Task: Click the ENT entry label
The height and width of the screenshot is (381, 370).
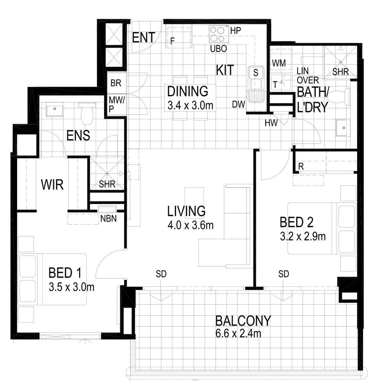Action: tap(143, 37)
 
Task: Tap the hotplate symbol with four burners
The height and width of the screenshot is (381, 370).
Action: tap(218, 34)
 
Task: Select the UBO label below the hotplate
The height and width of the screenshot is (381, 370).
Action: tap(218, 49)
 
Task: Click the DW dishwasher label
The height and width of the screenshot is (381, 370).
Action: tap(238, 104)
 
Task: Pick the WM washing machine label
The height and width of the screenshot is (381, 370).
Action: tap(279, 63)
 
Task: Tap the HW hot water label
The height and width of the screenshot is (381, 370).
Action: tap(272, 123)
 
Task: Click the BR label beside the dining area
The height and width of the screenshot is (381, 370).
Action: tap(116, 84)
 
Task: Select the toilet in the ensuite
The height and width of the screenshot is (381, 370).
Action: tap(86, 113)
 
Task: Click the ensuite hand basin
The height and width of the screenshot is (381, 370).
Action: tap(55, 108)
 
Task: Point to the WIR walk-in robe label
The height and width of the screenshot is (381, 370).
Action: tap(52, 185)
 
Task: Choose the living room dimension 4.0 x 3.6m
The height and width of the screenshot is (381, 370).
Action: tap(191, 225)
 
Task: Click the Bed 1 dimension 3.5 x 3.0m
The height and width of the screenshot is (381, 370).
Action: tap(72, 287)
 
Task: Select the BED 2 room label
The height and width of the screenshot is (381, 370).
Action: tap(296, 222)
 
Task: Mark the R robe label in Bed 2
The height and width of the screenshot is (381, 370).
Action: tap(301, 167)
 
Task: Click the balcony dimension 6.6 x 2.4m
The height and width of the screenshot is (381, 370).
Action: tap(238, 333)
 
